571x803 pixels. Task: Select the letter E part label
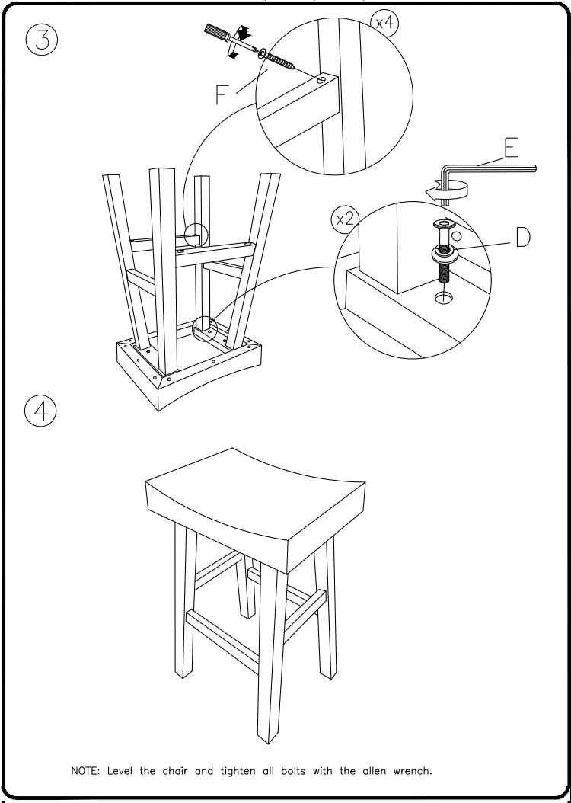click(x=512, y=147)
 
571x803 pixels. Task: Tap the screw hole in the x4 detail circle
click(x=321, y=80)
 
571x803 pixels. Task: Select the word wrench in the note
click(x=412, y=770)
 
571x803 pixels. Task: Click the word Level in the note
click(x=122, y=770)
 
